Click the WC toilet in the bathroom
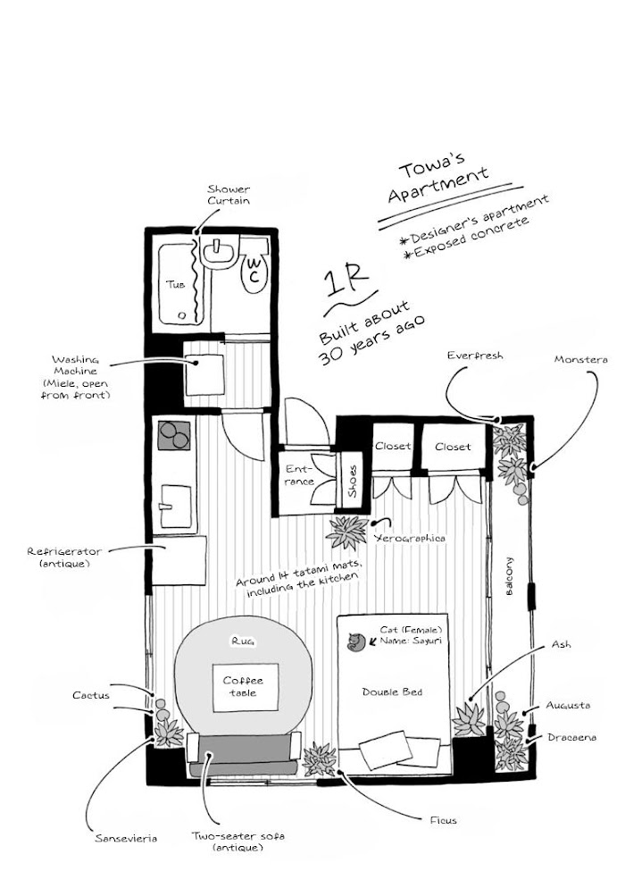pyautogui.click(x=254, y=272)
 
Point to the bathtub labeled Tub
pyautogui.click(x=178, y=284)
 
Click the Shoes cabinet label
pyautogui.click(x=353, y=481)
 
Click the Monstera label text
pyautogui.click(x=580, y=359)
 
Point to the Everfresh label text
pyautogui.click(x=475, y=356)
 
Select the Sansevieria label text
pyautogui.click(x=127, y=839)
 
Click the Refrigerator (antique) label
pyautogui.click(x=66, y=557)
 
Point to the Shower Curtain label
pyautogui.click(x=229, y=194)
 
